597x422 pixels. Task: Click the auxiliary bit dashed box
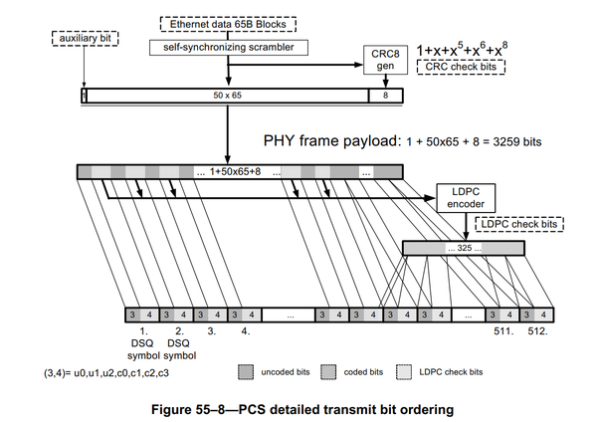pos(82,38)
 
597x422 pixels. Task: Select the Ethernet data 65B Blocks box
pos(228,24)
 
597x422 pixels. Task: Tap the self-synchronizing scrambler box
pos(228,46)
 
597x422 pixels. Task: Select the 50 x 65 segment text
pos(229,97)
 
